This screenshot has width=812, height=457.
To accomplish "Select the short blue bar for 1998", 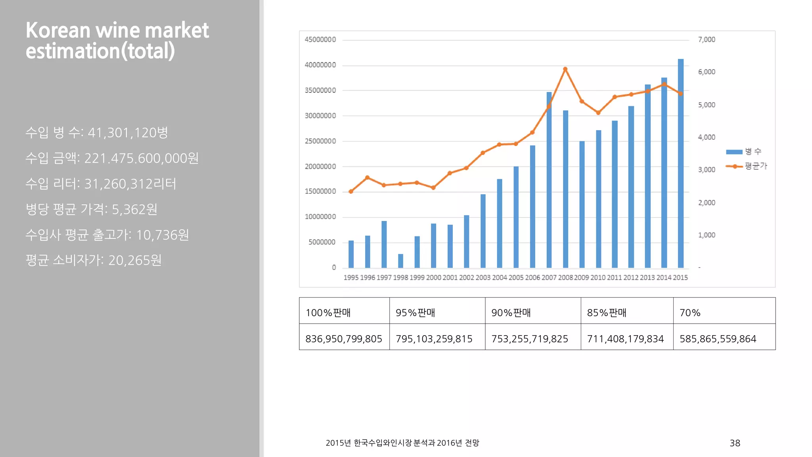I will [400, 261].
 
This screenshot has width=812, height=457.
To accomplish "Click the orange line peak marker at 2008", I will [565, 69].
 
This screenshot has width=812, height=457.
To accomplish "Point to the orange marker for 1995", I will [351, 192].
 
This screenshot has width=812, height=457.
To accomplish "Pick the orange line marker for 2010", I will [598, 113].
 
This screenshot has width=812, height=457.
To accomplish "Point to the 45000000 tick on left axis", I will [320, 40].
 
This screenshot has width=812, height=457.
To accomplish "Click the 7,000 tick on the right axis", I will [707, 40].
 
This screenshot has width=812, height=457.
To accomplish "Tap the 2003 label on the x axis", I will [483, 278].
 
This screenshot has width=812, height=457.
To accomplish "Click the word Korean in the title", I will [58, 31].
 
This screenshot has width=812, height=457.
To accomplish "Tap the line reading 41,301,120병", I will [97, 132].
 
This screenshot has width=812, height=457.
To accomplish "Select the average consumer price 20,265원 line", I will [94, 260].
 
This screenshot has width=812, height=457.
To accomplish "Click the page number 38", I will [735, 443].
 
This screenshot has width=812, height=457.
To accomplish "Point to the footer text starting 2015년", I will [402, 443].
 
